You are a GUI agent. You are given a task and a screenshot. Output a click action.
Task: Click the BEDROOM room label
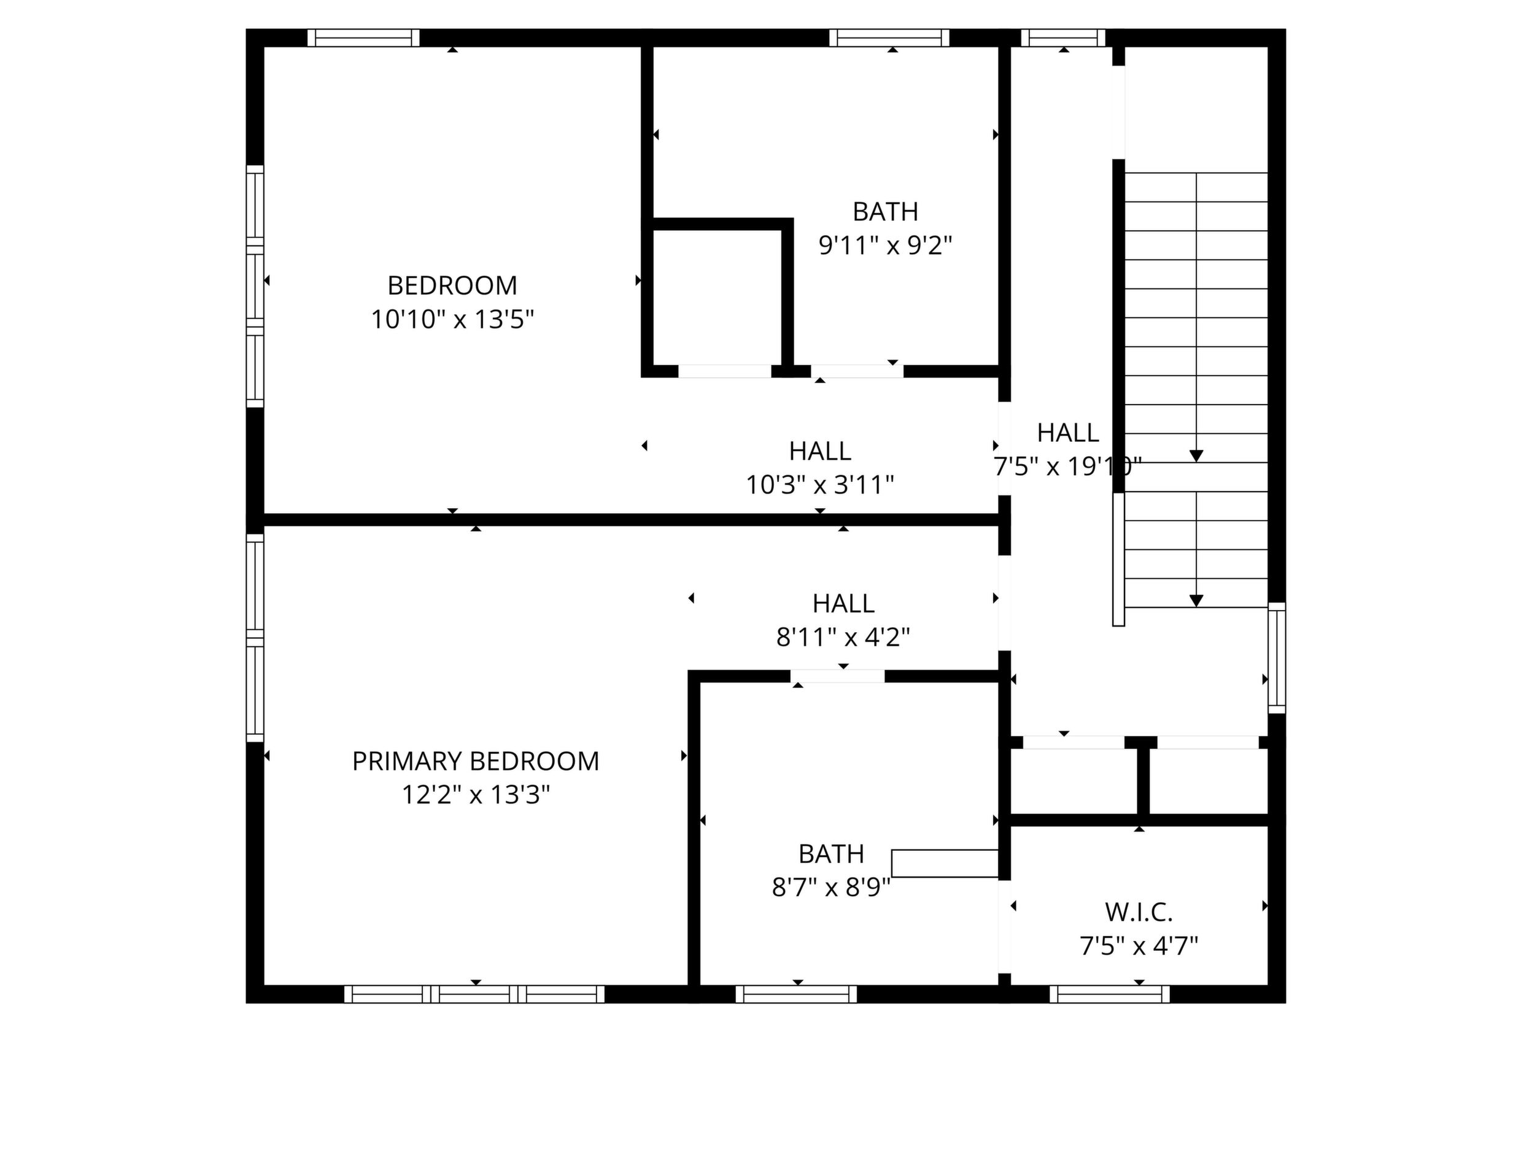pos(452,285)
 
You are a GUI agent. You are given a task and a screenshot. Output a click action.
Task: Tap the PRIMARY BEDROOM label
pos(476,761)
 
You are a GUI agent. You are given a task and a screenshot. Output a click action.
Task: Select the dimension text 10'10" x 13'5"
pos(452,319)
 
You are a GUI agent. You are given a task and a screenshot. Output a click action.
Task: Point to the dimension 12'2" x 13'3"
pos(476,794)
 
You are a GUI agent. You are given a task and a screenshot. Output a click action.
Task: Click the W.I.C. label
pos(1139,912)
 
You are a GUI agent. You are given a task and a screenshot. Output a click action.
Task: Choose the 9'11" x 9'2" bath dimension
pos(886,245)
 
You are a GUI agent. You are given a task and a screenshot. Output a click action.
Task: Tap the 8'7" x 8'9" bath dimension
pos(831,887)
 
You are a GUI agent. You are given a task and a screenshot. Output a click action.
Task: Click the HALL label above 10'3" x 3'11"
pos(820,451)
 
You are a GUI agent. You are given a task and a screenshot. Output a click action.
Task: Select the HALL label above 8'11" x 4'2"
pos(843,603)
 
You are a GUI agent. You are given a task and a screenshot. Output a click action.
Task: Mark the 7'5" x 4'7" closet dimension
pos(1139,945)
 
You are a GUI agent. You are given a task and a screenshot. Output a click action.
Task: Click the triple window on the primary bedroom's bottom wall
pos(474,994)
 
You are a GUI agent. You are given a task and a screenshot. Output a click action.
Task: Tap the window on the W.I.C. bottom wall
pos(1110,994)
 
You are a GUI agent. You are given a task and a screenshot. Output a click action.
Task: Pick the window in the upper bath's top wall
pos(889,38)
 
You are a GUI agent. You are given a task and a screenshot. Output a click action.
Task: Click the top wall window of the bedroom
pos(363,38)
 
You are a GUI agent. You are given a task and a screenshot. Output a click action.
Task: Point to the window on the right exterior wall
pos(1277,657)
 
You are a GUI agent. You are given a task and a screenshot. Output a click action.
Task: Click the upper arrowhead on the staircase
pos(1196,455)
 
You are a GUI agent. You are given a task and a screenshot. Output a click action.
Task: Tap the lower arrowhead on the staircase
pos(1196,601)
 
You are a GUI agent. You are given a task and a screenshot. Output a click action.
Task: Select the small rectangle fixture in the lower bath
pos(945,864)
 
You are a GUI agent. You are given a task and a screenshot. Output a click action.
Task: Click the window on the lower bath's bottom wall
pos(796,994)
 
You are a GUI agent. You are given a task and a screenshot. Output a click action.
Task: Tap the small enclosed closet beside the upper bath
pos(718,298)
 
